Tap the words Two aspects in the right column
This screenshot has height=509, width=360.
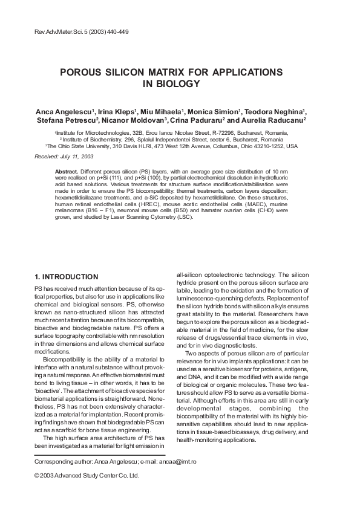click(x=203, y=352)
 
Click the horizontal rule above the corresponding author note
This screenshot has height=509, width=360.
click(x=100, y=455)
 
